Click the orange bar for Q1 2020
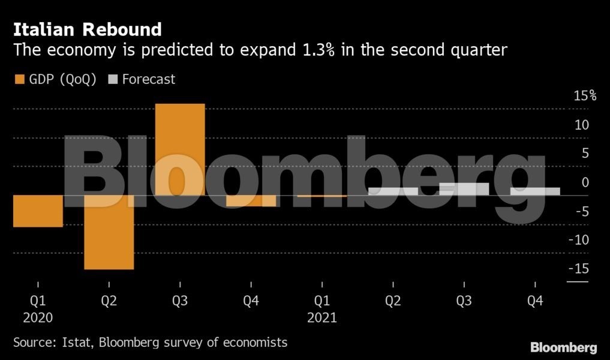click(38, 211)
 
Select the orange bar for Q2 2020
click(109, 232)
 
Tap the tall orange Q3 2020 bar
click(180, 149)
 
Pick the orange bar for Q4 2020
click(251, 201)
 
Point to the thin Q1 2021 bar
click(322, 196)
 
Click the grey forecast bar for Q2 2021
click(393, 191)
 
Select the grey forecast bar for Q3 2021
click(464, 189)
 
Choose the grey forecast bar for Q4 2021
click(535, 191)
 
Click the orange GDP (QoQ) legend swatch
click(19, 79)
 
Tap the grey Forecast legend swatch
click(112, 79)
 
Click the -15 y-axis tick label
click(578, 268)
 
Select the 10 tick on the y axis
click(581, 125)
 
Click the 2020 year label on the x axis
click(38, 317)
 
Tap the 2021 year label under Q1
click(322, 317)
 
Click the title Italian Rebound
click(88, 29)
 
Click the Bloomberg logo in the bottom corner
click(563, 347)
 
